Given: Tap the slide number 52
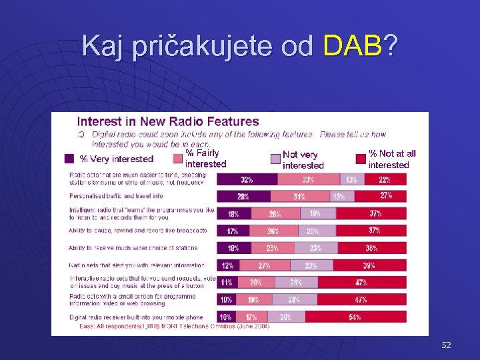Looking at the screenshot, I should (446, 345).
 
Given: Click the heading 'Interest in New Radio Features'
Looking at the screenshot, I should (168, 121).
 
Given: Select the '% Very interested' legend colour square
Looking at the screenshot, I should (69, 159).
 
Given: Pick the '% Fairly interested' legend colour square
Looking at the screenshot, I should (178, 158).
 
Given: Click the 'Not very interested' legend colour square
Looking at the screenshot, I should (275, 159).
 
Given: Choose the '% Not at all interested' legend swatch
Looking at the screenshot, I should (361, 159).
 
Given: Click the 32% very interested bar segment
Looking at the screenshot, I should (247, 179).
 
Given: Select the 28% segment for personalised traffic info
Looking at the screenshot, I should (243, 197).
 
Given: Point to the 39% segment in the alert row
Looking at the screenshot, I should (369, 265).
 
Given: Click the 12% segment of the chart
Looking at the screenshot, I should (228, 265).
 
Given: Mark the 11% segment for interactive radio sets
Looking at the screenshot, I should (227, 283).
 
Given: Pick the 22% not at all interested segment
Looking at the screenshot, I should (385, 179).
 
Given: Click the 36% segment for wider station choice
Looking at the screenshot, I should (371, 248).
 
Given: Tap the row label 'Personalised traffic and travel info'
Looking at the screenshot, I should (117, 196).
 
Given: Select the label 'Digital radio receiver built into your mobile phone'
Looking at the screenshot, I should (137, 317).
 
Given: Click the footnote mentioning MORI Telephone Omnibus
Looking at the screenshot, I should (175, 327).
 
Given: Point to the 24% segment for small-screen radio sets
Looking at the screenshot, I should (295, 300).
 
